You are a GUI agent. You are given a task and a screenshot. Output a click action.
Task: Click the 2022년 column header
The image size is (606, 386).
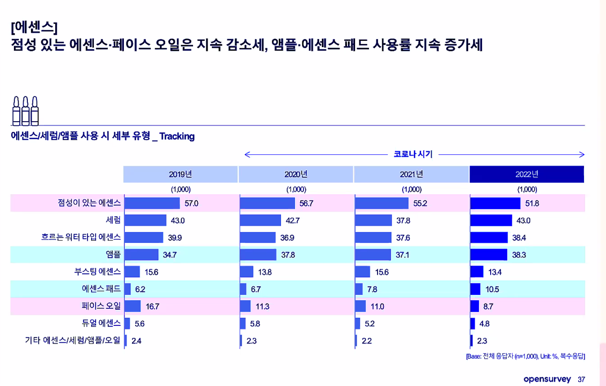tap(527, 174)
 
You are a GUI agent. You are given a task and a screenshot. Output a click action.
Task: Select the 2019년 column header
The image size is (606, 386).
tap(180, 174)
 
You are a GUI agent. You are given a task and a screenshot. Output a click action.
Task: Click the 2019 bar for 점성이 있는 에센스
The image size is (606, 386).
tap(152, 203)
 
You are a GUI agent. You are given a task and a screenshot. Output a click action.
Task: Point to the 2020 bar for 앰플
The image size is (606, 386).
tap(258, 255)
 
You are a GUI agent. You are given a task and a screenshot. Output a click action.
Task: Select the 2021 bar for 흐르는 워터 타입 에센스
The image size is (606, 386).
tap(373, 237)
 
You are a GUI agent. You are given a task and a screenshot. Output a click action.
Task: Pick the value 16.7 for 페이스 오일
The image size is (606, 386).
tap(153, 307)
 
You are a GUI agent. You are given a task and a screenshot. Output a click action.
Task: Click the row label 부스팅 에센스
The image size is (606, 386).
tap(98, 272)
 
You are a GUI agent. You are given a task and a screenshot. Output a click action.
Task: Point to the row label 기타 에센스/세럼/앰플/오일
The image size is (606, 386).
tap(73, 340)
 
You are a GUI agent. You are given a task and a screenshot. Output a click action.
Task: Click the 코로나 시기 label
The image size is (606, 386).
tap(413, 154)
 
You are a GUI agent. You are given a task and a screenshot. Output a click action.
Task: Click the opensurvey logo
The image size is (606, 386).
tap(547, 379)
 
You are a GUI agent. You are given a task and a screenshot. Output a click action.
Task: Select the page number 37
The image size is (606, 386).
tap(581, 380)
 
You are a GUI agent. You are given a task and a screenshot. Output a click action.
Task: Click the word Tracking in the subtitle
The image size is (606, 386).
tap(177, 136)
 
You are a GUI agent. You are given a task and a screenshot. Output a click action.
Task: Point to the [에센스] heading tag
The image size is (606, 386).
tap(34, 26)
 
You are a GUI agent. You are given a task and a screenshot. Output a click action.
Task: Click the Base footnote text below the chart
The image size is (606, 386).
tap(525, 356)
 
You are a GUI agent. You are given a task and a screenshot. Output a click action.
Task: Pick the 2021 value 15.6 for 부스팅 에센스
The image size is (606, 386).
tap(382, 272)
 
